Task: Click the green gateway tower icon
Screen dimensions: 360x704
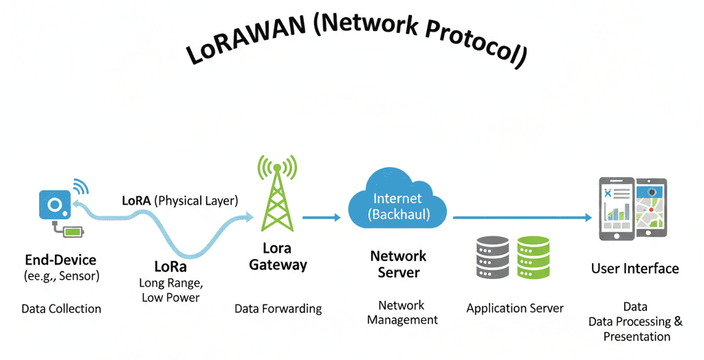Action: pyautogui.click(x=276, y=195)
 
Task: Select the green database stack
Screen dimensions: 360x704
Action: pyautogui.click(x=533, y=257)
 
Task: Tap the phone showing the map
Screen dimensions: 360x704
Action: pyautogui.click(x=650, y=209)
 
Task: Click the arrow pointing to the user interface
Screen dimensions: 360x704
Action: pyautogui.click(x=522, y=218)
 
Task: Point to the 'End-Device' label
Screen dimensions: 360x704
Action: pyautogui.click(x=60, y=260)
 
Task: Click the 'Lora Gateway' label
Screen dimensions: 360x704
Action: pyautogui.click(x=278, y=256)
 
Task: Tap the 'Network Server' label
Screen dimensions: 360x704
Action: pyautogui.click(x=398, y=264)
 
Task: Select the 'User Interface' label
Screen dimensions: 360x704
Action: pyautogui.click(x=635, y=269)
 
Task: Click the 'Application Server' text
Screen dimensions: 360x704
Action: pyautogui.click(x=514, y=308)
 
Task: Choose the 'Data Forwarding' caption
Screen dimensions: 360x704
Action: pyautogui.click(x=278, y=308)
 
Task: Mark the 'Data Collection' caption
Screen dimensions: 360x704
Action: pyautogui.click(x=61, y=308)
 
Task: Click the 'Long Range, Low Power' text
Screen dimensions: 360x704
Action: pyautogui.click(x=170, y=290)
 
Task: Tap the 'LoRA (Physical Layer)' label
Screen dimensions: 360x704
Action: pyautogui.click(x=179, y=201)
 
